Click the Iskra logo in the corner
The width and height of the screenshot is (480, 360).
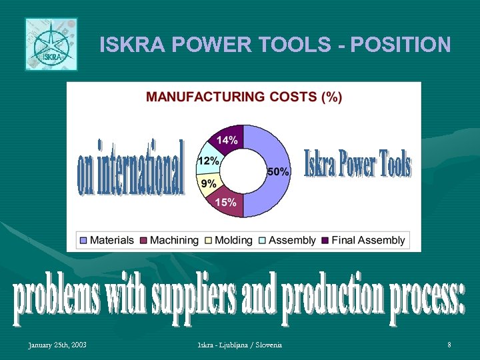point(51,44)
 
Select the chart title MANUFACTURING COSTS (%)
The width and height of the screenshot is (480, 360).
point(244,97)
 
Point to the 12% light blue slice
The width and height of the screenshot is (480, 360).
point(208,161)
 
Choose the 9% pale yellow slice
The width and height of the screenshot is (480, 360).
point(208,183)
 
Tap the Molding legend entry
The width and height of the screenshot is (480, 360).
point(228,240)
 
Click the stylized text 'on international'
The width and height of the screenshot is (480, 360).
point(131,168)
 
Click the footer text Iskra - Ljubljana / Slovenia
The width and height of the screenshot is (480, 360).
point(239,345)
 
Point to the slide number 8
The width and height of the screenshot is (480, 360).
point(449,345)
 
